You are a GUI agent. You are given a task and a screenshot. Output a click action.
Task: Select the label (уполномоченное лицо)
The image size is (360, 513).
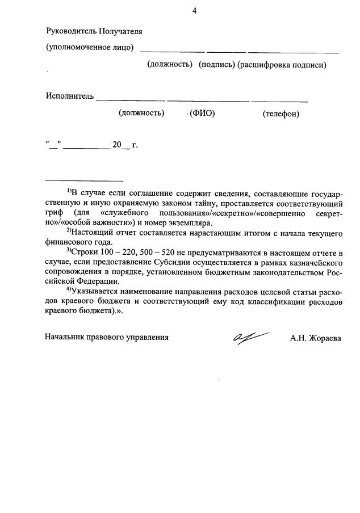(90, 48)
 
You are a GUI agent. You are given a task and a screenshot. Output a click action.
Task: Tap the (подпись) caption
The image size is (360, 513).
(216, 65)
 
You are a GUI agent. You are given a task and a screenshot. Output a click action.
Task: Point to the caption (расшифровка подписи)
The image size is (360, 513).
(282, 65)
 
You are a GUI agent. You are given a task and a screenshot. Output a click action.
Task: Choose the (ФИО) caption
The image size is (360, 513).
(202, 113)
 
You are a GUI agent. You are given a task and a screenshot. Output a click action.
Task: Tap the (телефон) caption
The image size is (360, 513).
(281, 114)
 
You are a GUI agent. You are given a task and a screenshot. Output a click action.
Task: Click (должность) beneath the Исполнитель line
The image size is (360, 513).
(141, 113)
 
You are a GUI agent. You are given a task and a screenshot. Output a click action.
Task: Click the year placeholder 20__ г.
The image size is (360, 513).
(125, 145)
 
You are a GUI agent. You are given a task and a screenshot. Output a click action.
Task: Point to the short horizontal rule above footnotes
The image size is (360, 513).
(84, 180)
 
